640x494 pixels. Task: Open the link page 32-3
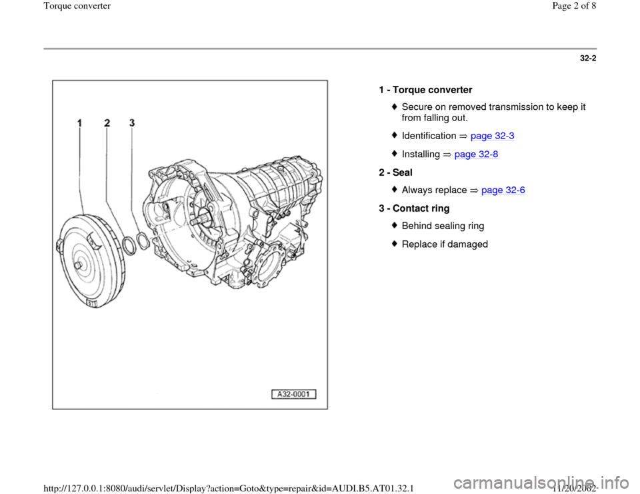tap(492, 136)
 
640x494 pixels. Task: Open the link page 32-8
tap(476, 154)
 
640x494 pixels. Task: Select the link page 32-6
tap(503, 190)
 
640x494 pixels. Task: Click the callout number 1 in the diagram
tap(79, 123)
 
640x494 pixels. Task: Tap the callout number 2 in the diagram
tap(107, 123)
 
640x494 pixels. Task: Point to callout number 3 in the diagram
tap(132, 123)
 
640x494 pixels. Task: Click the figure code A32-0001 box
tap(293, 394)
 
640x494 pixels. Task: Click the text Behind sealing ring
tap(443, 226)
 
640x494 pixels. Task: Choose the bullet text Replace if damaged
tap(445, 244)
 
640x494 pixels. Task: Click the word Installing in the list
tap(421, 154)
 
